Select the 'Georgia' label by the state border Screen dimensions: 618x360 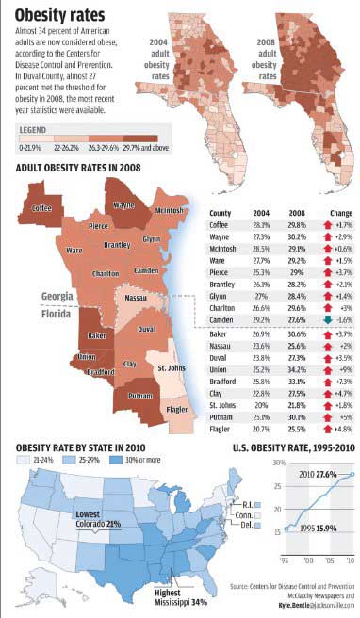coord(58,296)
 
